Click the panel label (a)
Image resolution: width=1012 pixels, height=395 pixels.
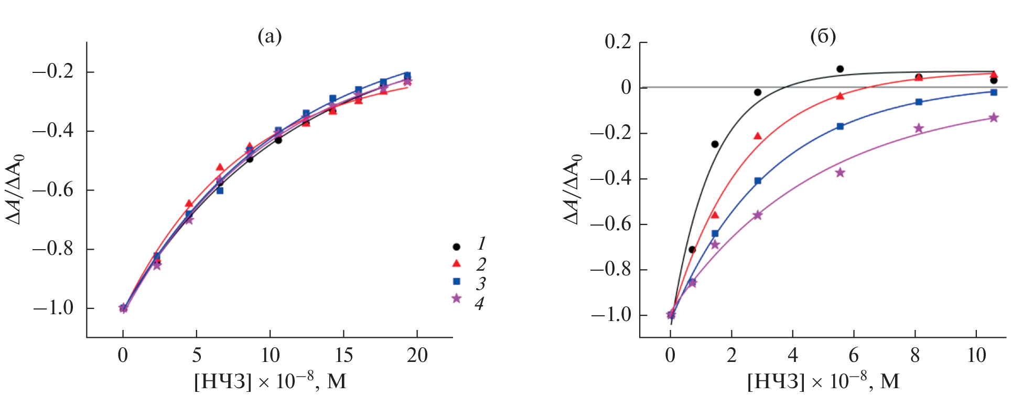coord(270,36)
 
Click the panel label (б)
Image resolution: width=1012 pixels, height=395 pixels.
coord(823,36)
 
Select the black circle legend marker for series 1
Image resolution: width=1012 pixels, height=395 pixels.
coord(457,247)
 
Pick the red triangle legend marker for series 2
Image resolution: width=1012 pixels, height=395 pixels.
coord(457,263)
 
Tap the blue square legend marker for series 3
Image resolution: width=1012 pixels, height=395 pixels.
coord(457,282)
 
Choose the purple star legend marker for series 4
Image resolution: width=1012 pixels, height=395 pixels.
coord(457,298)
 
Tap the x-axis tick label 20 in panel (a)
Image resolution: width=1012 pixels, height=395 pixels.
coord(417,356)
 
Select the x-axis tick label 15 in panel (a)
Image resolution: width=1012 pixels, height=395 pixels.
coord(343,356)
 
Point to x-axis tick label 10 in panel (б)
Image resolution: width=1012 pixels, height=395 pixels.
coord(976,356)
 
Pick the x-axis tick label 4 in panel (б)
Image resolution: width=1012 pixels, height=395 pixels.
coord(792,356)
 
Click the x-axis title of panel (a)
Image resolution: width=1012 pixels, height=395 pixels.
coord(270,381)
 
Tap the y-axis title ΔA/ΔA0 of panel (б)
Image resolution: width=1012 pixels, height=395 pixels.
coord(573,189)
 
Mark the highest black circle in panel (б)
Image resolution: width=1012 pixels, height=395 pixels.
coord(840,69)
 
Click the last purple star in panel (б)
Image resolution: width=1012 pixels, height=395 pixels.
coord(994,118)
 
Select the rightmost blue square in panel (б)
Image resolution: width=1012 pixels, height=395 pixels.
coord(994,92)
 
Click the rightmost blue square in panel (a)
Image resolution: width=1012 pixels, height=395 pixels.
coord(407,75)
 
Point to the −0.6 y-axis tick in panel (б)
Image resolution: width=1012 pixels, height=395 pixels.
coord(611,224)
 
